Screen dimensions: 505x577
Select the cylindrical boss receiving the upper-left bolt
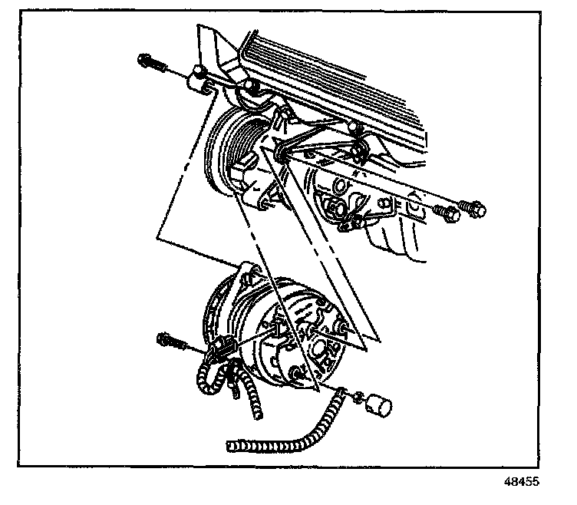click(201, 75)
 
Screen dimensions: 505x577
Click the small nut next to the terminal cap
click(358, 397)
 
